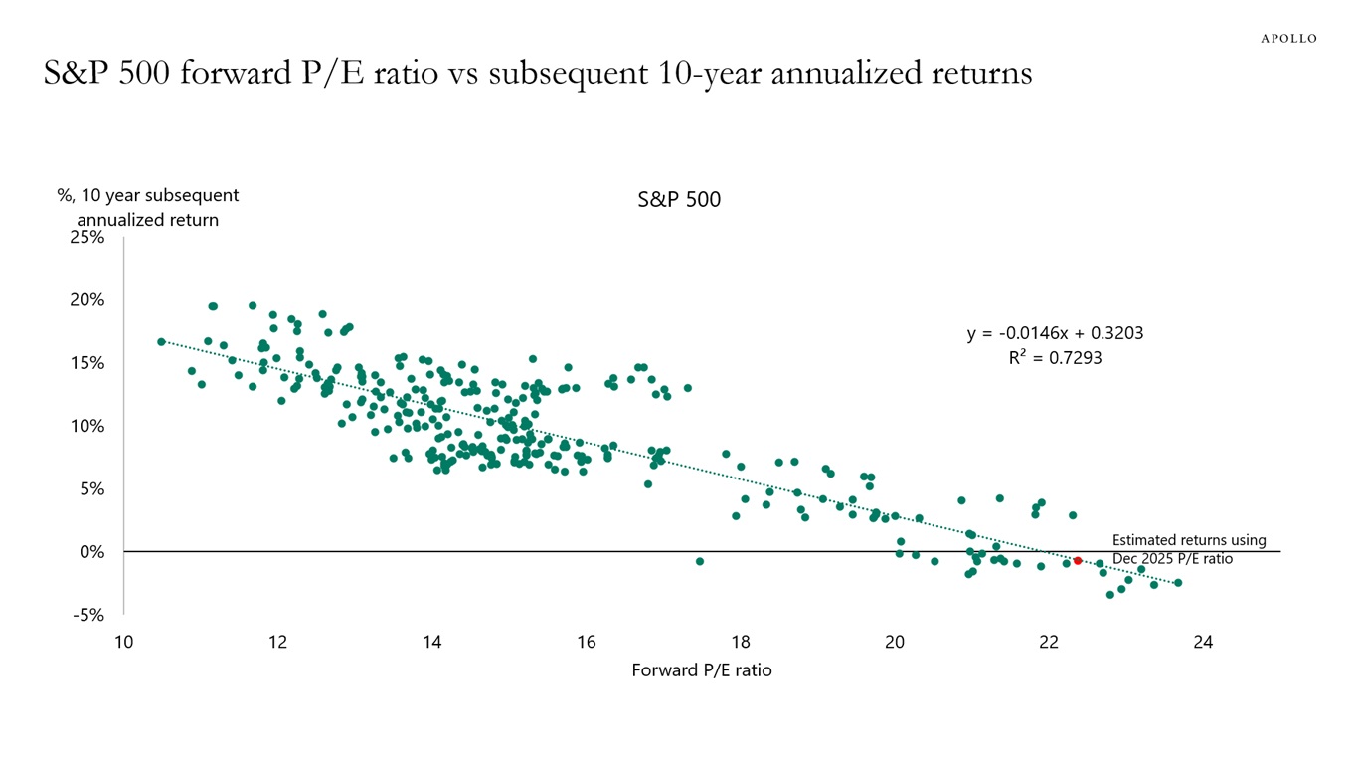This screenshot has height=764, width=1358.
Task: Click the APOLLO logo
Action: click(x=1288, y=38)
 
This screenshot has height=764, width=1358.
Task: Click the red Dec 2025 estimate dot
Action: click(x=1077, y=561)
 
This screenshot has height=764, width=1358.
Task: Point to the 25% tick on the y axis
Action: click(x=86, y=237)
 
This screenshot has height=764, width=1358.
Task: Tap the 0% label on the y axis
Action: click(x=91, y=551)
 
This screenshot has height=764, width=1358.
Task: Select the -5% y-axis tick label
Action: click(x=88, y=615)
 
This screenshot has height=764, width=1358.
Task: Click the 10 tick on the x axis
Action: click(x=123, y=642)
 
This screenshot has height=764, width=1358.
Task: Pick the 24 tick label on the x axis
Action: click(x=1203, y=642)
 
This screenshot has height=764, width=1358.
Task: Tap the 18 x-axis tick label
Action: click(x=741, y=642)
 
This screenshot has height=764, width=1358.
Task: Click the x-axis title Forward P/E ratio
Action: click(x=702, y=670)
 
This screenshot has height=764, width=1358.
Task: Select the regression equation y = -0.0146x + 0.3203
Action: click(x=1055, y=333)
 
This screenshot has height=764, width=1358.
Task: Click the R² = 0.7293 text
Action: click(x=1055, y=357)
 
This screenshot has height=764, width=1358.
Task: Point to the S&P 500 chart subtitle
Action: click(x=679, y=200)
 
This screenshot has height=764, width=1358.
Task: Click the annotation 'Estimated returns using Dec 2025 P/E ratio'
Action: click(x=1188, y=549)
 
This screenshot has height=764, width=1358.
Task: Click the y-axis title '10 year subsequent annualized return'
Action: click(x=148, y=208)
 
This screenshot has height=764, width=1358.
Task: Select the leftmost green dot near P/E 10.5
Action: click(x=161, y=341)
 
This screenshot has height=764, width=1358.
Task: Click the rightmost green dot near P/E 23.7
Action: click(x=1178, y=583)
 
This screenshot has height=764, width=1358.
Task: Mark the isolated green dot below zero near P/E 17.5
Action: click(x=700, y=561)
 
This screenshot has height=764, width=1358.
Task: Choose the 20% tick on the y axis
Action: click(x=86, y=299)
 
